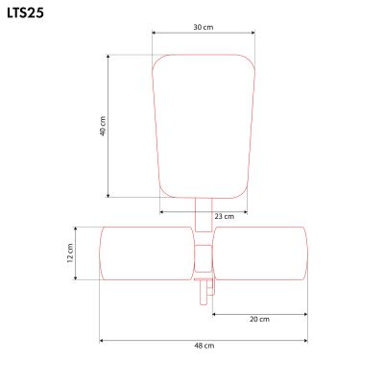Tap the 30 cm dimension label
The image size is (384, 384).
pos(203,26)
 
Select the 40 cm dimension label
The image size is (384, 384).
pos(102,126)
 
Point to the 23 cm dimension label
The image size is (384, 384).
pos(224,217)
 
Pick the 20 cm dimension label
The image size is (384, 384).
pos(259,319)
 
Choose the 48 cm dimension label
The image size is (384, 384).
pos(204,346)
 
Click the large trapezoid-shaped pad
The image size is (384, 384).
pos(204,125)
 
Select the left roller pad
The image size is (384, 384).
pos(146,253)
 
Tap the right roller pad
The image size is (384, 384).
pos(260,253)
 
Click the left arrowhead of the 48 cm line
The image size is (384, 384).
pos(101,340)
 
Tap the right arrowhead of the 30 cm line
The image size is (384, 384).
pos(253,33)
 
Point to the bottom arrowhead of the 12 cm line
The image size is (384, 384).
pos(77,278)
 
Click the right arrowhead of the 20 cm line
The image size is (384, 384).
pos(305,313)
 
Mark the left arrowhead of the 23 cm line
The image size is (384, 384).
pos(161,211)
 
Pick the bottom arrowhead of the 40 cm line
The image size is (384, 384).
pos(109,195)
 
